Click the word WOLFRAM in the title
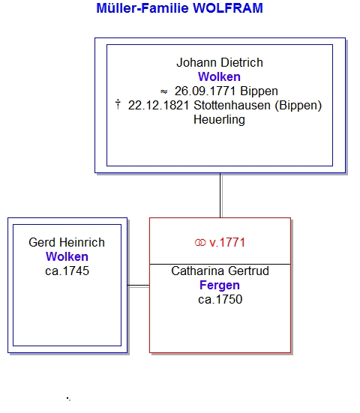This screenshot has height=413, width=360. tap(228, 8)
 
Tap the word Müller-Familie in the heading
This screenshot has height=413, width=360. tap(142, 8)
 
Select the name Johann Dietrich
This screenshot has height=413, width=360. tap(220, 63)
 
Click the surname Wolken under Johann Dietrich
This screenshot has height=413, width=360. tap(219, 77)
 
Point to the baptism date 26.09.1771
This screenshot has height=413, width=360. tap(205, 91)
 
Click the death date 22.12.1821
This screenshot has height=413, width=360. tap(159, 106)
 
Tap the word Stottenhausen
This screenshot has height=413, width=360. tap(232, 106)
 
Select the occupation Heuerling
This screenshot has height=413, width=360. tap(219, 120)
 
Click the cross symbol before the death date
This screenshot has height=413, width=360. tap(118, 104)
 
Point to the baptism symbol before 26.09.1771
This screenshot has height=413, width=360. tap(164, 91)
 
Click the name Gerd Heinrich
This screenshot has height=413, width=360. tap(67, 242)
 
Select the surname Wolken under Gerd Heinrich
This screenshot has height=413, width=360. tap(67, 256)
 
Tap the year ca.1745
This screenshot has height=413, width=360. tap(67, 271)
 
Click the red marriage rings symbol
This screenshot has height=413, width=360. tap(200, 243)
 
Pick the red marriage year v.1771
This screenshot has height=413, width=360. tap(227, 243)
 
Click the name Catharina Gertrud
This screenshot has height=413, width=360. tap(220, 271)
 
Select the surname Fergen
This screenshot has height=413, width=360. tap(220, 286)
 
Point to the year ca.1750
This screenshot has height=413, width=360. tap(220, 300)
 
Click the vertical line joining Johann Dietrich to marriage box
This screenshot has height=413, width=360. tap(220, 195)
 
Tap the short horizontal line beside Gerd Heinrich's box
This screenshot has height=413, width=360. tap(138, 286)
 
